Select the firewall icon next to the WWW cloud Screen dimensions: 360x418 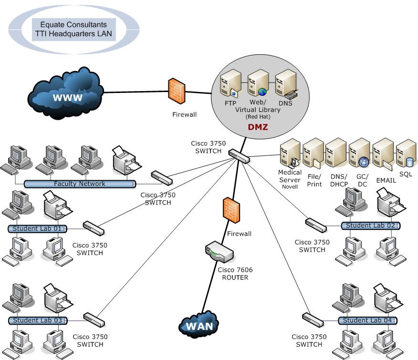[x=177, y=91]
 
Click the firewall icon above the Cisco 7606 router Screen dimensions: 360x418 [x=231, y=210]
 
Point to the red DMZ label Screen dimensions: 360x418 [x=258, y=127]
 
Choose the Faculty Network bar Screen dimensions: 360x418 [x=79, y=184]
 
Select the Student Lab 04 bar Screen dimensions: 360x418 [x=367, y=320]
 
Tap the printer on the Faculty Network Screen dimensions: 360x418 [x=126, y=160]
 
